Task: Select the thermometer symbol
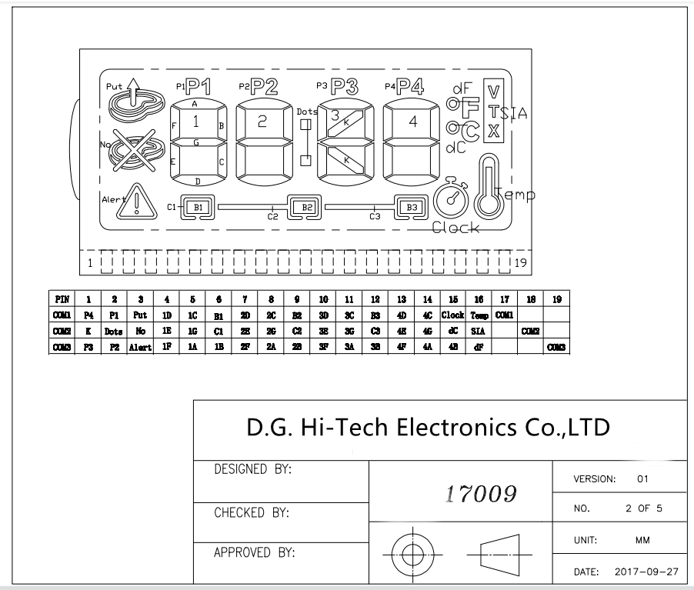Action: (x=487, y=187)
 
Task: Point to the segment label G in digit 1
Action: (x=195, y=142)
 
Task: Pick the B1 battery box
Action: (x=198, y=207)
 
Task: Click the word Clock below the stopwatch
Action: (x=455, y=228)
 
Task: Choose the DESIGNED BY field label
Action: (x=255, y=468)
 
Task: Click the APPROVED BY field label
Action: (x=255, y=552)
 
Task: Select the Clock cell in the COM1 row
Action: (x=452, y=315)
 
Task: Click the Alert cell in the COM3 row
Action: (x=140, y=346)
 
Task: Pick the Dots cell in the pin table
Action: (x=115, y=331)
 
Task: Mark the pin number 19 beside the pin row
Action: (x=520, y=263)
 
